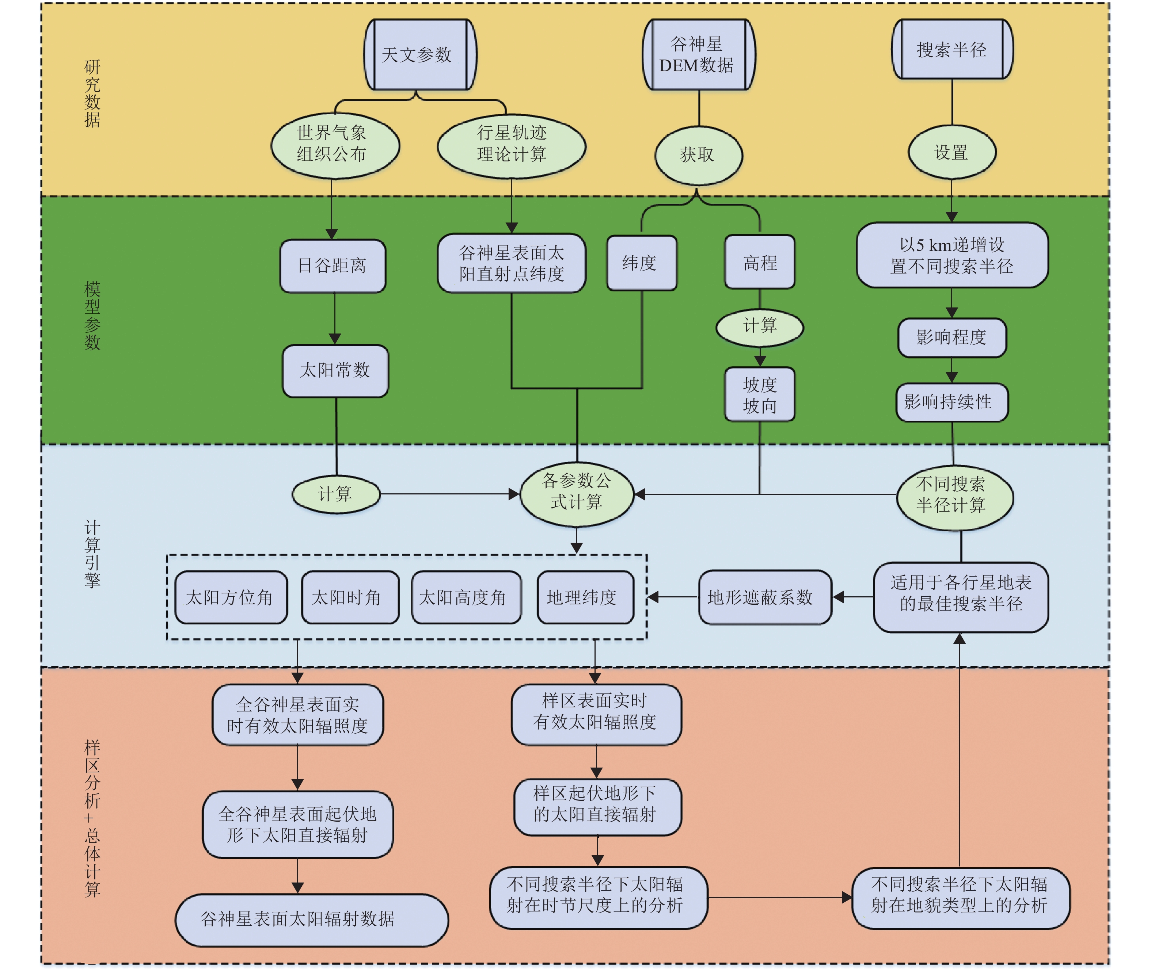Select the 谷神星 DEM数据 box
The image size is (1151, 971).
coord(698,54)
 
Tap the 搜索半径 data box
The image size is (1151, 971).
coord(951,50)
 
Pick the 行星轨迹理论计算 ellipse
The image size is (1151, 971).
coord(512,145)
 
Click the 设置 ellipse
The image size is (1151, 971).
coord(951,152)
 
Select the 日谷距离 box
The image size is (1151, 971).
coord(333,266)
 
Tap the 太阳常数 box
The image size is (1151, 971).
coord(335,370)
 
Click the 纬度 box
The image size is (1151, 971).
coord(641,263)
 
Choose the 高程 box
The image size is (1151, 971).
coord(759,262)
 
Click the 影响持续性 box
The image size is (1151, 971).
coord(951,402)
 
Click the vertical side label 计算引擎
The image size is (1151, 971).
coord(92,553)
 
